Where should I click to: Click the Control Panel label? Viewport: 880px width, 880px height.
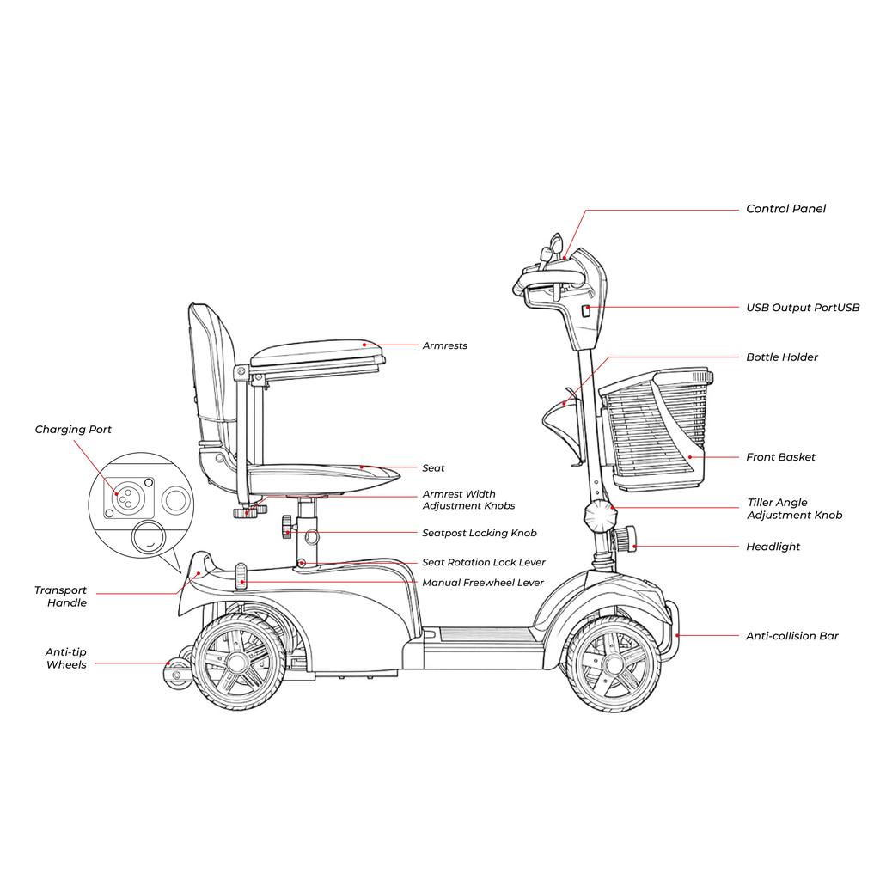pos(785,209)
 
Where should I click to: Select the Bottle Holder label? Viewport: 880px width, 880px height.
pos(782,357)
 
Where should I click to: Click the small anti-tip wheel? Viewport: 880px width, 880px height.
pos(178,675)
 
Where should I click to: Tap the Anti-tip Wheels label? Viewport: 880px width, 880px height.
pos(66,658)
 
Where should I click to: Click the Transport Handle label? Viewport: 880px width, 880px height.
pos(61,596)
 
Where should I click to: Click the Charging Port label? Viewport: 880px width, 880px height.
pos(73,430)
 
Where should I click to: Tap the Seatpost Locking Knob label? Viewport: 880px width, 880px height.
pos(479,534)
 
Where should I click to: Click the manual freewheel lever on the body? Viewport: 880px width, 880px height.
pos(241,576)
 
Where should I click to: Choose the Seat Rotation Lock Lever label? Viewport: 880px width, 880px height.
pos(483,563)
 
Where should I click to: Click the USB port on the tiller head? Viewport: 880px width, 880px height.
pos(586,311)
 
